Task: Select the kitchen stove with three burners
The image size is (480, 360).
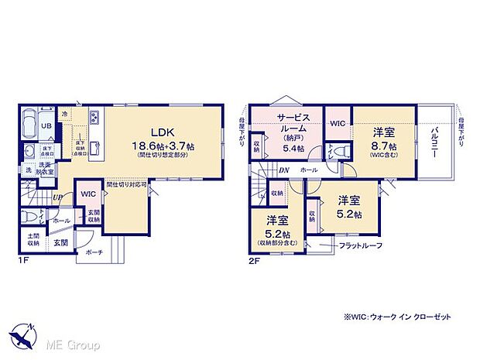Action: pyautogui.click(x=94, y=118)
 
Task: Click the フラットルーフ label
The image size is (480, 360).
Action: pyautogui.click(x=360, y=247)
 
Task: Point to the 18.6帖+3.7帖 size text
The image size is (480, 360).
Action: pyautogui.click(x=164, y=145)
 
